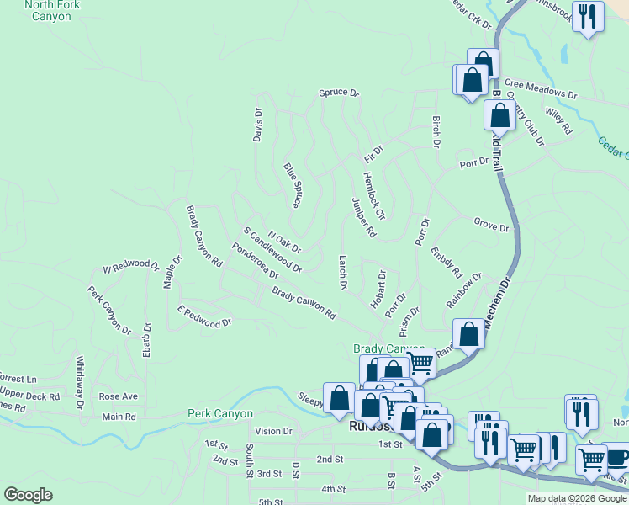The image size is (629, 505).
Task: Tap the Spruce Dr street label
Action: coord(339,93)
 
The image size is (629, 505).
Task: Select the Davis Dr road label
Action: coord(258,125)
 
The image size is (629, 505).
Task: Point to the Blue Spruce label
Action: coord(293,185)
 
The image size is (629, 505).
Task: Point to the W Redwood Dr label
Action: coord(130,268)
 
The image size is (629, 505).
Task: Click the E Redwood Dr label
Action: coord(203,316)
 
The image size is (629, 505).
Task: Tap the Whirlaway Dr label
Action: coord(81,382)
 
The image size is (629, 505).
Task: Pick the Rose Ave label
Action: coord(118,396)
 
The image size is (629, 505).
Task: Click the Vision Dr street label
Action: coord(273,431)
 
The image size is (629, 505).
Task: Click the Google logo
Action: coord(29,495)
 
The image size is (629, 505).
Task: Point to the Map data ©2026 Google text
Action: coord(577,498)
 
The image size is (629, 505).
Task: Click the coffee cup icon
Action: coord(618,457)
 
